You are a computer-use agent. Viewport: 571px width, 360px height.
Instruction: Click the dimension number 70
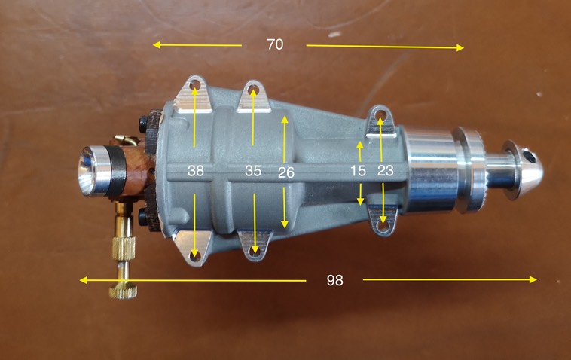[275, 44]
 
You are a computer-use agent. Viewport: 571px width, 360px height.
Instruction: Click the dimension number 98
[335, 280]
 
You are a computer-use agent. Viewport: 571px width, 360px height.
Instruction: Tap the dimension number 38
[196, 172]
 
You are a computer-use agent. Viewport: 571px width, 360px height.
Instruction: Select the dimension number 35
[253, 172]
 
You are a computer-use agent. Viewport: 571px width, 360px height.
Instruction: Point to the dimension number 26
[285, 172]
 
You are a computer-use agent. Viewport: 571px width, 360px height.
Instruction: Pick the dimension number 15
[359, 172]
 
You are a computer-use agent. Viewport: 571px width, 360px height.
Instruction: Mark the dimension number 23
[385, 172]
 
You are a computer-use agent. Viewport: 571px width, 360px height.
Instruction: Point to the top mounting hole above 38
[195, 87]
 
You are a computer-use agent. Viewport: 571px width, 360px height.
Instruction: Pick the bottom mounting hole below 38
[195, 256]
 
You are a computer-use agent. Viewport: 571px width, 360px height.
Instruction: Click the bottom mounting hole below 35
[255, 248]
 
